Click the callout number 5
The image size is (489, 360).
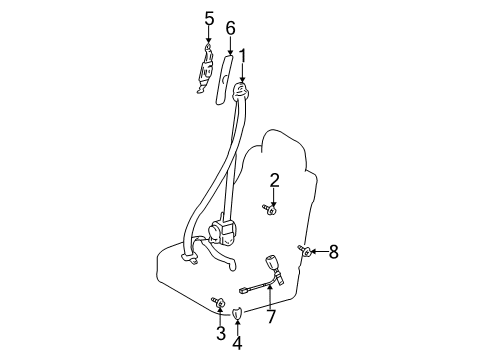209,19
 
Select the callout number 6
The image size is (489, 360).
230,28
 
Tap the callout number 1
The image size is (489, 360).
242,56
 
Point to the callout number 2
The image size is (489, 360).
274,180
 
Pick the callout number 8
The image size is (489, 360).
334,252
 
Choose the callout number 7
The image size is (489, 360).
271,316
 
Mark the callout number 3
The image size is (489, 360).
221,333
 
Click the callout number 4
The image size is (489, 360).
237,343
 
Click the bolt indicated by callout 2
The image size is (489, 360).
270,209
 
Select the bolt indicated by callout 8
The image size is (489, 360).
305,251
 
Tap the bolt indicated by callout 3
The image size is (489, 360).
218,302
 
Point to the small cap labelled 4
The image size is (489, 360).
237,313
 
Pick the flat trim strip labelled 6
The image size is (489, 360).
224,80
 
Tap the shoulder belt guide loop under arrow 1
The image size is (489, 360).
241,91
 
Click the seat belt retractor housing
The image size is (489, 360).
222,231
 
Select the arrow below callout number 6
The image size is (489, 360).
230,46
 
